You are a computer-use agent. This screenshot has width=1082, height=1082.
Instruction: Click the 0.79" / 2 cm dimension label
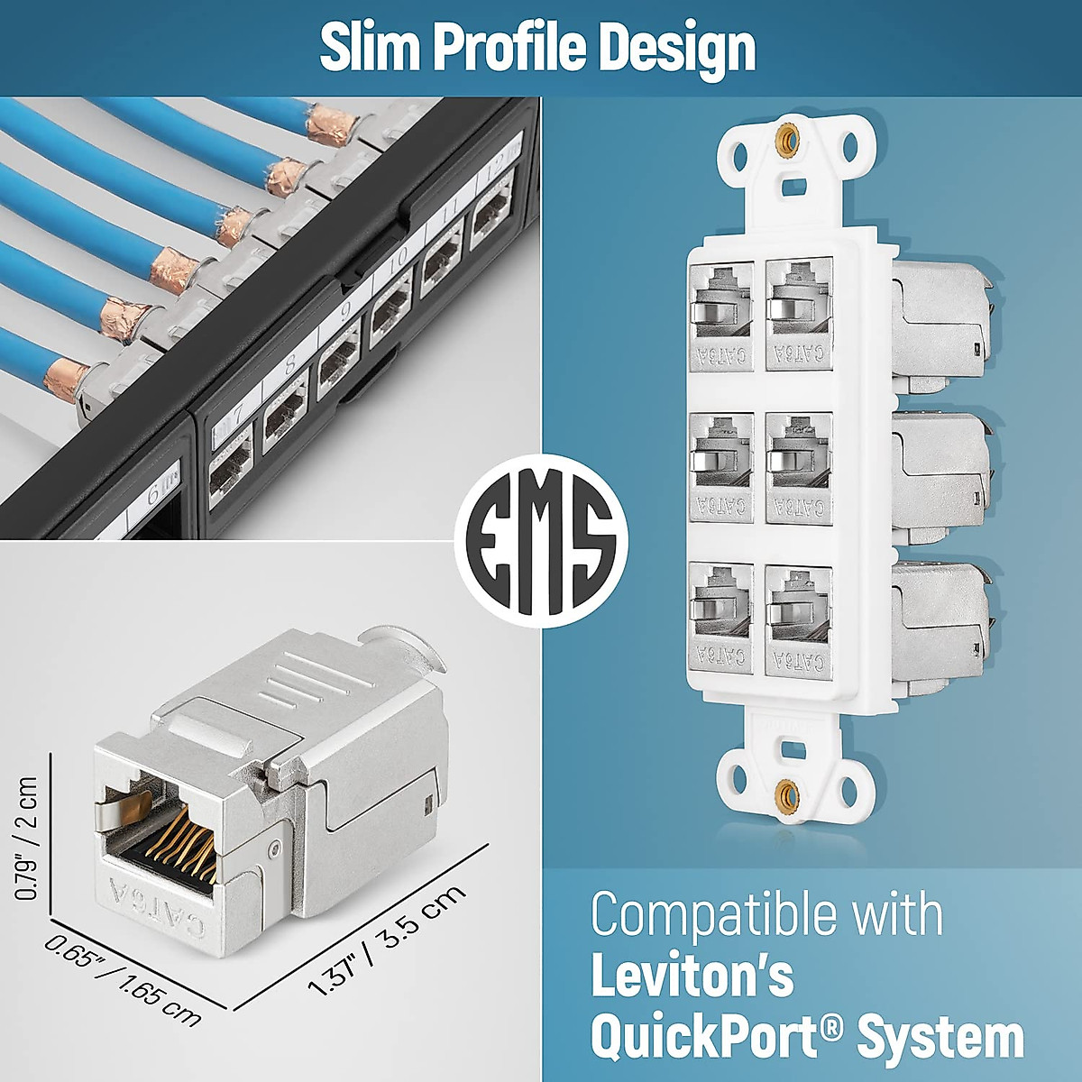point(27,839)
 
